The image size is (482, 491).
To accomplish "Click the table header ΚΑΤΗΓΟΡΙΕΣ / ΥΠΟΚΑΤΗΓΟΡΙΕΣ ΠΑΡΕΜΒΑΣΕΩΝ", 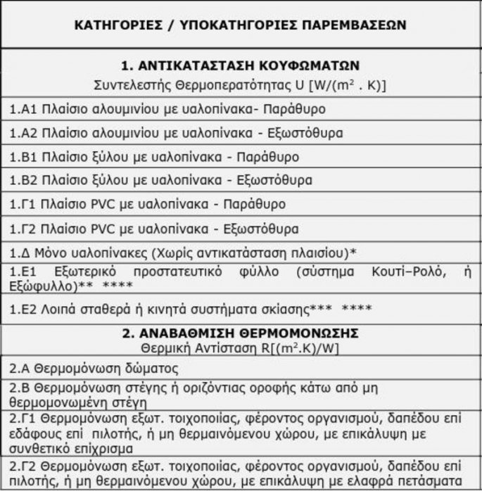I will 241,24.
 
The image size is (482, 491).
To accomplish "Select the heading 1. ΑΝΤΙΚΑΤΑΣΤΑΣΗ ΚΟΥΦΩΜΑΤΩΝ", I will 241,65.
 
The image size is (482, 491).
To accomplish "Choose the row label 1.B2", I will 23,180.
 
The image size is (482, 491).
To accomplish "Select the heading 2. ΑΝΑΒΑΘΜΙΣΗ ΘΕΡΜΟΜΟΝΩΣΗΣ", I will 241,332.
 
